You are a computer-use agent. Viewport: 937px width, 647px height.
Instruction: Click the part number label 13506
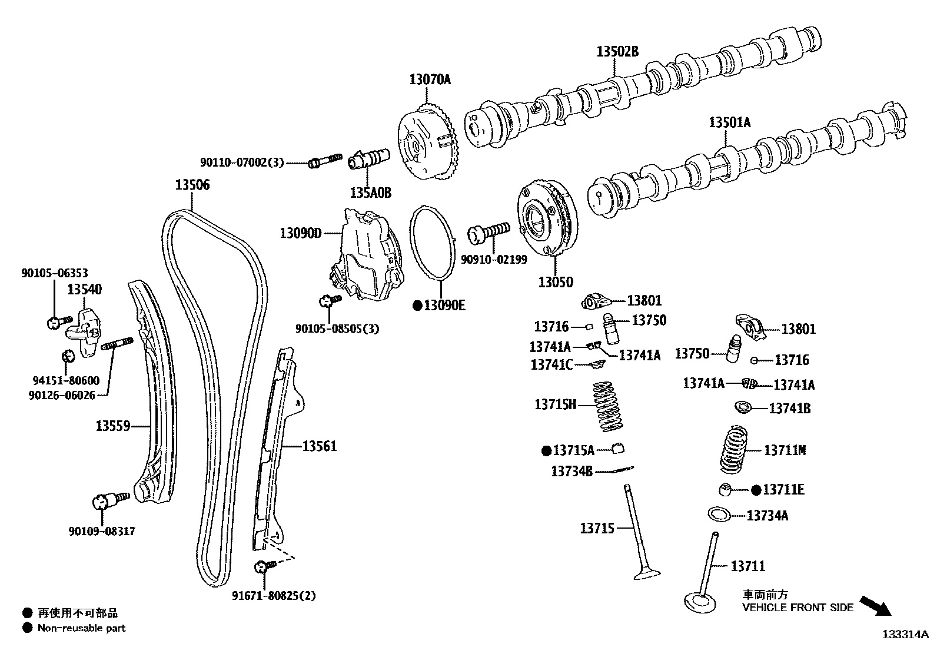coord(192,185)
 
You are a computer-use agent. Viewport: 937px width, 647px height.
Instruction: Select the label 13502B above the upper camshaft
coord(617,52)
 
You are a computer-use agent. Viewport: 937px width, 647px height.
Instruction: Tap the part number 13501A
coord(730,122)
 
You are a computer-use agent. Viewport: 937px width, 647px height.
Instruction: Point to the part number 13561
coord(320,446)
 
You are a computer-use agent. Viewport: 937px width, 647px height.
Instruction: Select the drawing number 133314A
coord(905,635)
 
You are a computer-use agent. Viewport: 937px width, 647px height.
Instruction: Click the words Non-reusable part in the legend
coord(81,628)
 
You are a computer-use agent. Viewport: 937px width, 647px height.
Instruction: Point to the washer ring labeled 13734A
coord(719,514)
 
